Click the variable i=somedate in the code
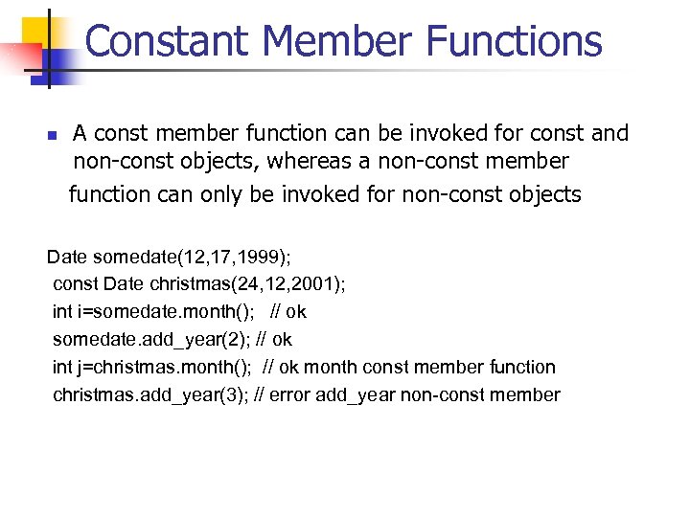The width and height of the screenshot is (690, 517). (111, 312)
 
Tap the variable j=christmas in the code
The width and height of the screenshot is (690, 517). (111, 367)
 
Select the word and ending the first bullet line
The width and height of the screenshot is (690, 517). (609, 133)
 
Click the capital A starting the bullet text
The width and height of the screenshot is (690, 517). (81, 133)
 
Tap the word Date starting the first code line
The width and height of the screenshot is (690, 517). (66, 257)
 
